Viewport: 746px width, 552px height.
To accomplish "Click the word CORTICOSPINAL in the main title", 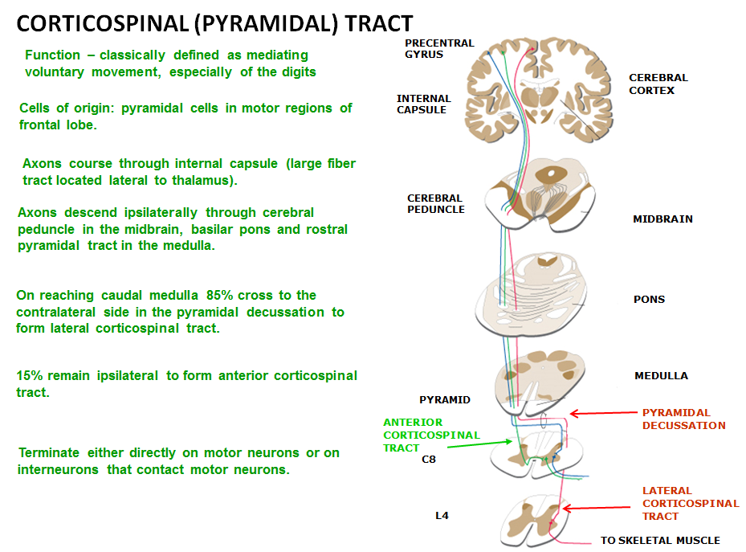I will click(x=80, y=23).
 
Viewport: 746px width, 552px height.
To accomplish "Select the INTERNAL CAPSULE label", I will click(x=423, y=104).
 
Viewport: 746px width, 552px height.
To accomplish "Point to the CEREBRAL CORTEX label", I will click(x=658, y=84).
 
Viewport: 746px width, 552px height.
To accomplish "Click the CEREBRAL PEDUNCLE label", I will click(x=436, y=204).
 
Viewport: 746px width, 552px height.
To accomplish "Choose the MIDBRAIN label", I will click(x=662, y=219).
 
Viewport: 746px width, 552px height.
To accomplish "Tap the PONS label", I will click(x=649, y=300).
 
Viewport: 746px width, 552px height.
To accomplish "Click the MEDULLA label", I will click(x=661, y=376).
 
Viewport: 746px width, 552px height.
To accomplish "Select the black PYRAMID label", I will click(x=445, y=400).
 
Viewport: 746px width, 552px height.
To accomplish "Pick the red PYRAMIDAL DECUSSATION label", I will click(x=683, y=419).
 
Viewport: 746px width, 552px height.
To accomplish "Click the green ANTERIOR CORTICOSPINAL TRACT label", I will click(x=430, y=435).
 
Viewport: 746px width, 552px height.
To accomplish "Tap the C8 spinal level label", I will click(x=429, y=460).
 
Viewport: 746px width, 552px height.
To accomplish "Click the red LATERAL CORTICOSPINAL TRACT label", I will click(x=690, y=504).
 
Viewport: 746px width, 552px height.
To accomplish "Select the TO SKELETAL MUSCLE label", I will click(x=660, y=541).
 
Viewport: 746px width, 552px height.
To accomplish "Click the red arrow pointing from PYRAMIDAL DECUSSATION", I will click(x=603, y=415).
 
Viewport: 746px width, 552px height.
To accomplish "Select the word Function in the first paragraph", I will click(x=53, y=55).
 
